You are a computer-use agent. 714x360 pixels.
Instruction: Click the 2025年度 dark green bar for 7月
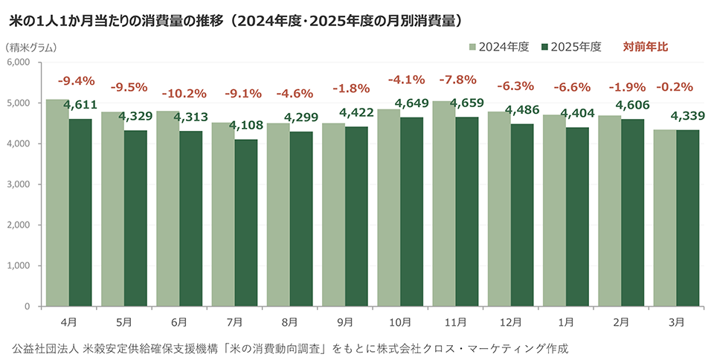tap(246, 223)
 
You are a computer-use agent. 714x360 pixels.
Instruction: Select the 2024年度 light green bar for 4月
tap(57, 203)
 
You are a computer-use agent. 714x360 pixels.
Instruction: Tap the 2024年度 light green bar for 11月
tap(444, 204)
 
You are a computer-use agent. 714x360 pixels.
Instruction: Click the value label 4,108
tap(246, 125)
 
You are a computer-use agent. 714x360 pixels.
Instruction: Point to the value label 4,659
tap(467, 103)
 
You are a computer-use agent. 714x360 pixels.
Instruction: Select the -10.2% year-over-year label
tap(184, 94)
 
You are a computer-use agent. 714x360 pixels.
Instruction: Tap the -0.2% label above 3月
tap(674, 87)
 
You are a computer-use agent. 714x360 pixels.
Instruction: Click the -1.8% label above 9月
tap(351, 89)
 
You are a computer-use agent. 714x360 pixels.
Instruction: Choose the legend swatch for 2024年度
tap(473, 47)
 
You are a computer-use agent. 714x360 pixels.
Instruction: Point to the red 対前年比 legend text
tap(646, 47)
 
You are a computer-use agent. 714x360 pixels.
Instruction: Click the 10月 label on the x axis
tap(400, 323)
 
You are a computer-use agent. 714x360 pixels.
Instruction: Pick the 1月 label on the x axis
tap(566, 323)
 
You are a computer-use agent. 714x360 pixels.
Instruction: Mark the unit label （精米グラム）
tap(31, 48)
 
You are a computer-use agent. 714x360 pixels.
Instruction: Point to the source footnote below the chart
tap(291, 349)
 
